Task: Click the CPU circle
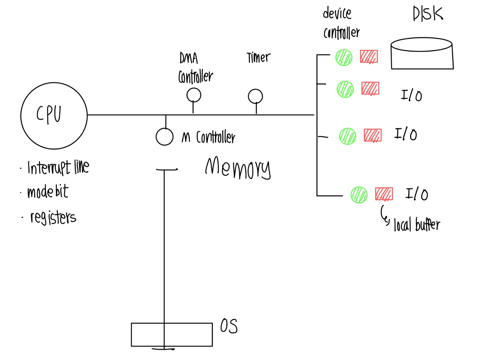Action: pyautogui.click(x=54, y=116)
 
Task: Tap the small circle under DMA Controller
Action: pyautogui.click(x=194, y=95)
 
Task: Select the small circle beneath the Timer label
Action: pyautogui.click(x=255, y=96)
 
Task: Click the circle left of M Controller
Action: pyautogui.click(x=164, y=137)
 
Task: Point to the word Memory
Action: pyautogui.click(x=238, y=168)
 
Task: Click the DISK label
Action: pyautogui.click(x=428, y=14)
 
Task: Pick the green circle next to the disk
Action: pyautogui.click(x=344, y=57)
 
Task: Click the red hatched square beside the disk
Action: pyautogui.click(x=369, y=57)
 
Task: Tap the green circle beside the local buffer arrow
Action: pyautogui.click(x=359, y=195)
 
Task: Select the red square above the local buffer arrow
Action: pyautogui.click(x=384, y=194)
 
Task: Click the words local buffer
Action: pyautogui.click(x=417, y=225)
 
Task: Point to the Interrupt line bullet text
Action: pyautogui.click(x=58, y=167)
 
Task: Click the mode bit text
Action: pyautogui.click(x=48, y=192)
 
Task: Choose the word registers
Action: pyautogui.click(x=53, y=218)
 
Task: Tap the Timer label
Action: pyautogui.click(x=258, y=58)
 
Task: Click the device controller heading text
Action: pyautogui.click(x=341, y=23)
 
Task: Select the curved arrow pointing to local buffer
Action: pyautogui.click(x=384, y=215)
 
